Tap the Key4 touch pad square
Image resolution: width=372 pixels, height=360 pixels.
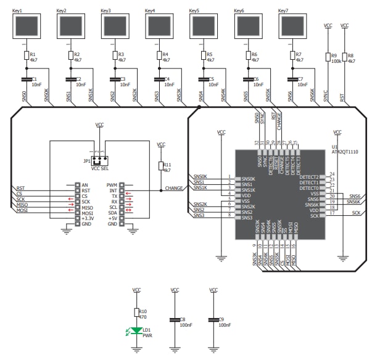click(159, 27)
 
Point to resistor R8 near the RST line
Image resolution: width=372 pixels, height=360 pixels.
click(344, 57)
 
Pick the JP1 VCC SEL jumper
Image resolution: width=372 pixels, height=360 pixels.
click(99, 157)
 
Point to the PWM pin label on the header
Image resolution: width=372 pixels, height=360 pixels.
click(112, 185)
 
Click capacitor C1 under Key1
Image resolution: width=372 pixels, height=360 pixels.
click(26, 80)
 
